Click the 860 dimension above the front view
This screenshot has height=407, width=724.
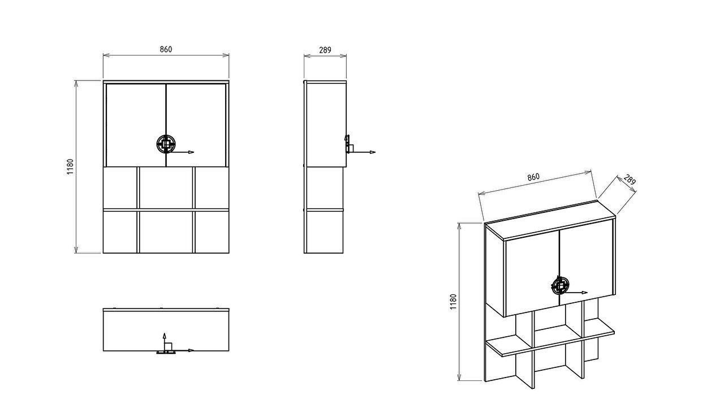[166, 49]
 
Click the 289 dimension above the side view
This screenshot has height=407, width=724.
[325, 50]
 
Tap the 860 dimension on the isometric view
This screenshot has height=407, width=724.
[533, 177]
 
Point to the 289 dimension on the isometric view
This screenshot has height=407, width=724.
[630, 179]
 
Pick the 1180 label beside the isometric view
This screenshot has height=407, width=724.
[453, 302]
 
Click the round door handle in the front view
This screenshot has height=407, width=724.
[166, 144]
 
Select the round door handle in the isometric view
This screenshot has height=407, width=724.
[559, 286]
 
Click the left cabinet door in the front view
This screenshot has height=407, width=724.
[136, 125]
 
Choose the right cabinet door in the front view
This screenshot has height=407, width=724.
[196, 125]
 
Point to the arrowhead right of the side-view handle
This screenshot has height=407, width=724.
[373, 152]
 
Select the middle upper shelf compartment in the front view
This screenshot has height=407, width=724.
[166, 187]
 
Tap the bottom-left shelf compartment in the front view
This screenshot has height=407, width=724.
[120, 232]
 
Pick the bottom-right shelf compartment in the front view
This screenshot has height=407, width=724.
[212, 232]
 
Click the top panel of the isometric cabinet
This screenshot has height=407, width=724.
[550, 221]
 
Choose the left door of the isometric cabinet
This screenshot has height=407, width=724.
[532, 275]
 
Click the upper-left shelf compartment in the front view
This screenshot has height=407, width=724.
[120, 187]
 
